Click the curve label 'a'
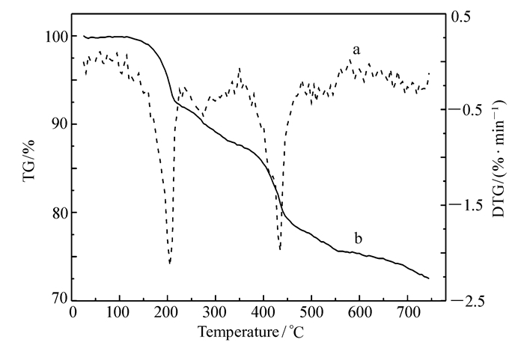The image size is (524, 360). pyautogui.click(x=357, y=50)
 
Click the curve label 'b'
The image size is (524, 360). pyautogui.click(x=359, y=239)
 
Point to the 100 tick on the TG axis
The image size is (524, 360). pyautogui.click(x=58, y=37)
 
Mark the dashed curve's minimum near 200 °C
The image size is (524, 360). pyautogui.click(x=170, y=263)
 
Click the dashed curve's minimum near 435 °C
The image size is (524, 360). pyautogui.click(x=280, y=249)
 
